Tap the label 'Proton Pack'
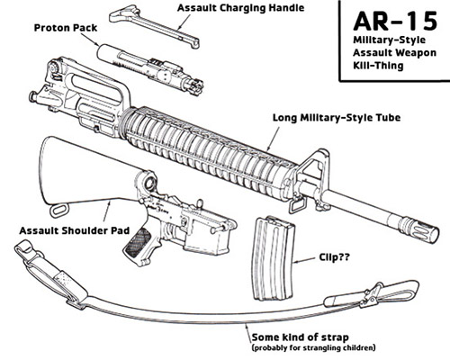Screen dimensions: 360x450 point(67,28)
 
